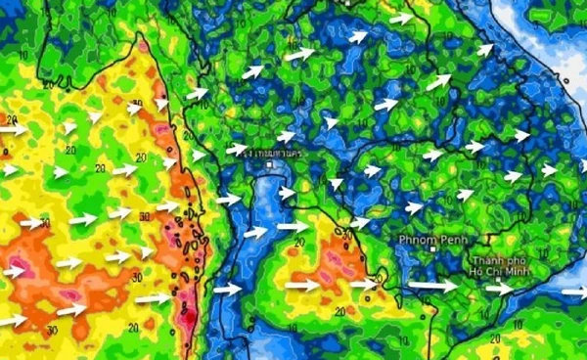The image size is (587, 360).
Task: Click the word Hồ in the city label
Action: tap(475, 273)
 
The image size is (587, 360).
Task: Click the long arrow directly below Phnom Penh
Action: tap(431, 286)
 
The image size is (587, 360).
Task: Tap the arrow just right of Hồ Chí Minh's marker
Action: tap(499, 289)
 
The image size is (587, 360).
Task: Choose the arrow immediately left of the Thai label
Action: tap(236, 150)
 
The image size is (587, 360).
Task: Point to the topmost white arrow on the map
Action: tap(401, 18)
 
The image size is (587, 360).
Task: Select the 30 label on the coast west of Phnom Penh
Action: tap(347, 235)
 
